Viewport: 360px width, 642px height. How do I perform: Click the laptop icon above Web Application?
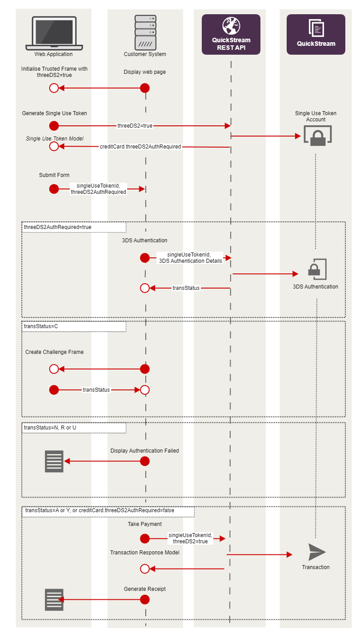(x=54, y=33)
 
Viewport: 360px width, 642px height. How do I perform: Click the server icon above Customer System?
(x=145, y=32)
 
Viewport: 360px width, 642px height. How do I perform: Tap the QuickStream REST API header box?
(x=231, y=34)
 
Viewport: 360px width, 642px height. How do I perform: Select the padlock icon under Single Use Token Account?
(x=318, y=136)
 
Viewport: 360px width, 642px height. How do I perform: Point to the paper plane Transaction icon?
(x=317, y=552)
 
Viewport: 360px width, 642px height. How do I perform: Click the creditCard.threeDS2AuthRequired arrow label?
(x=140, y=146)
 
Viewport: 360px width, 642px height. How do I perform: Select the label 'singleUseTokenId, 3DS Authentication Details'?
(x=191, y=258)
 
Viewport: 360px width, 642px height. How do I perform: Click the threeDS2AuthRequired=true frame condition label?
(x=58, y=227)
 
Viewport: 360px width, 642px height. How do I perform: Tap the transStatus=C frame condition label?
(x=41, y=326)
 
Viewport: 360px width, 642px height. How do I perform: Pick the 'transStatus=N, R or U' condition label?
(x=50, y=428)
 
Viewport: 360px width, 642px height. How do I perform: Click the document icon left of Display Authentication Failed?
(x=54, y=461)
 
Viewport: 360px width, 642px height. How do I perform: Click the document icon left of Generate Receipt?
(x=54, y=599)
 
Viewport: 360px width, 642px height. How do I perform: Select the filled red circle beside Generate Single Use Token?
(x=54, y=126)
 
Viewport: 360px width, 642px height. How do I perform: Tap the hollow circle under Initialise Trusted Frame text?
(x=54, y=88)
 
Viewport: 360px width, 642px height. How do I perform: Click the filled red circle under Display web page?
(x=144, y=88)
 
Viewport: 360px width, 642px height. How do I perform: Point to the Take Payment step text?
(x=144, y=524)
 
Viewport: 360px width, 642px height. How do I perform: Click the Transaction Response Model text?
(x=144, y=553)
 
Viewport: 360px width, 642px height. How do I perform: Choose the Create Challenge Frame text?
(x=54, y=352)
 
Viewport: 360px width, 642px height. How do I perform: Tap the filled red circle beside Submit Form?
(x=54, y=189)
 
